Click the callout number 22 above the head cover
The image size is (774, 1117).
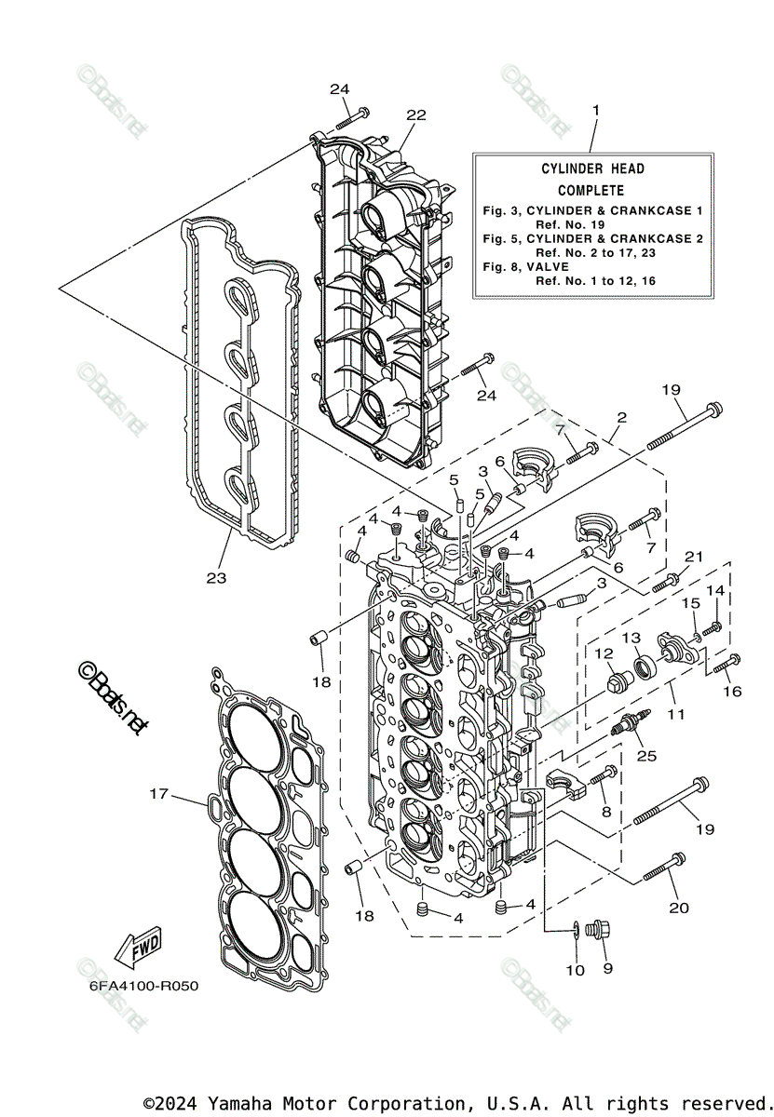tap(415, 114)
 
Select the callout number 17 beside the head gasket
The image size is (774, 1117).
tap(159, 793)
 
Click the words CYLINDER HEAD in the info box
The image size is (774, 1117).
tap(592, 168)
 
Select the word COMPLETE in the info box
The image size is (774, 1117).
tap(592, 190)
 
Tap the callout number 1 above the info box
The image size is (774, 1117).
tap(595, 110)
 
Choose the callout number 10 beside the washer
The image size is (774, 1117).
tap(575, 970)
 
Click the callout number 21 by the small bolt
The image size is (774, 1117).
tap(691, 557)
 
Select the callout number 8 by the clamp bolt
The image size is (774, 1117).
tap(606, 811)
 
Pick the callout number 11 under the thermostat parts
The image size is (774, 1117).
tap(675, 714)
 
